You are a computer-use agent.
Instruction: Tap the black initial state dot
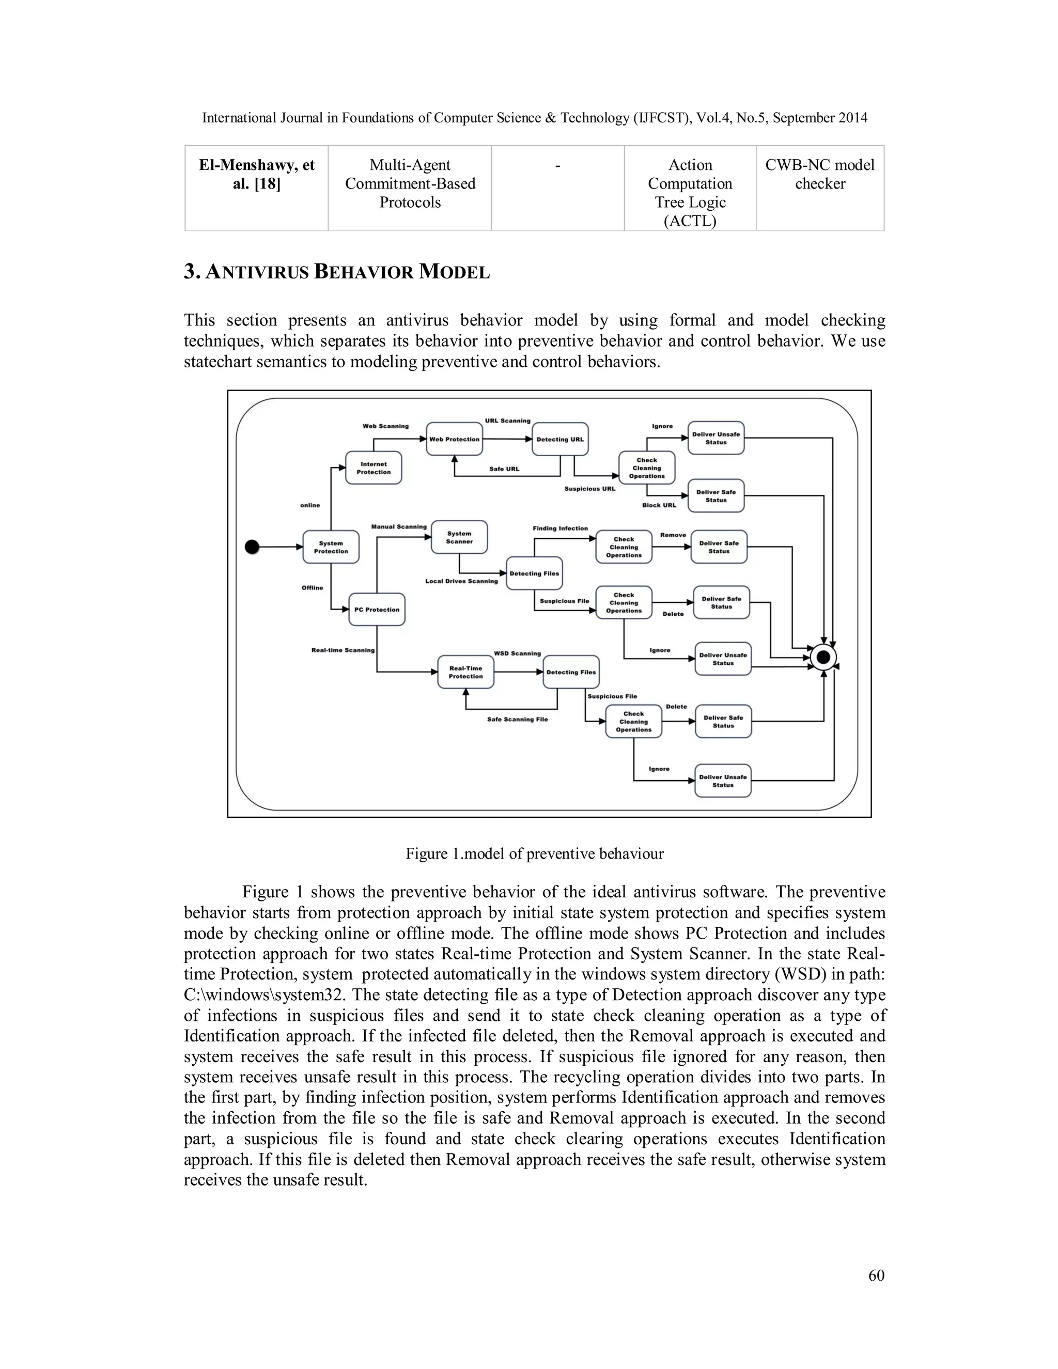[x=252, y=547]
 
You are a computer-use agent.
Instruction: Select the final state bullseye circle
[x=823, y=657]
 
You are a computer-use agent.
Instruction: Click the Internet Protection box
[x=374, y=468]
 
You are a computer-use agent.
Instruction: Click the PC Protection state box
[x=377, y=609]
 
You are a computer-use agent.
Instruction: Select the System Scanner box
[x=459, y=538]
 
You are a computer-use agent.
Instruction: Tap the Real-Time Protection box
[x=465, y=673]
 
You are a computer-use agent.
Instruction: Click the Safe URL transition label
[x=504, y=469]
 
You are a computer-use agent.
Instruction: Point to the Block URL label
[x=659, y=505]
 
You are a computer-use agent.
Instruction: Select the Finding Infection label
[x=561, y=528]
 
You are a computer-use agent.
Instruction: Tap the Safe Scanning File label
[x=517, y=720]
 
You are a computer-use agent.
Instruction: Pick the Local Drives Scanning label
[x=461, y=581]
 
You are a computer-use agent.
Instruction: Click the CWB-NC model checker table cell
[x=819, y=174]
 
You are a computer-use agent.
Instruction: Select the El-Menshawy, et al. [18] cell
[x=256, y=174]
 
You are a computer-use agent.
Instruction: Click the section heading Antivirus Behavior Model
[x=337, y=272]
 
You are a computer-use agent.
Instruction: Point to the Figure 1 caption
[x=534, y=854]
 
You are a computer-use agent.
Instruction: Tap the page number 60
[x=876, y=1275]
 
